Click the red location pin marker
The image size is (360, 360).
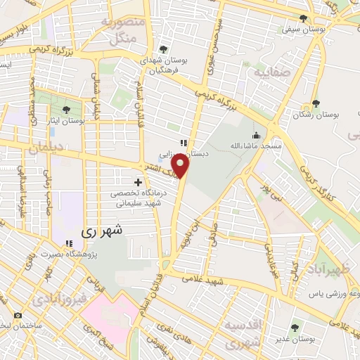pyautogui.click(x=181, y=167)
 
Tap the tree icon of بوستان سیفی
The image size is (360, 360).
pyautogui.click(x=303, y=19)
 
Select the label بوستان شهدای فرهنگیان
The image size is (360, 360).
pyautogui.click(x=163, y=65)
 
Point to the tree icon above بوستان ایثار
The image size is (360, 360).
pyautogui.click(x=66, y=110)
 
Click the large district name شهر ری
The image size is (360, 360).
pyautogui.click(x=102, y=229)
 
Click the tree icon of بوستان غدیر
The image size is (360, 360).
pyautogui.click(x=295, y=326)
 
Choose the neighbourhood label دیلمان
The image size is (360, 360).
pyautogui.click(x=46, y=149)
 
